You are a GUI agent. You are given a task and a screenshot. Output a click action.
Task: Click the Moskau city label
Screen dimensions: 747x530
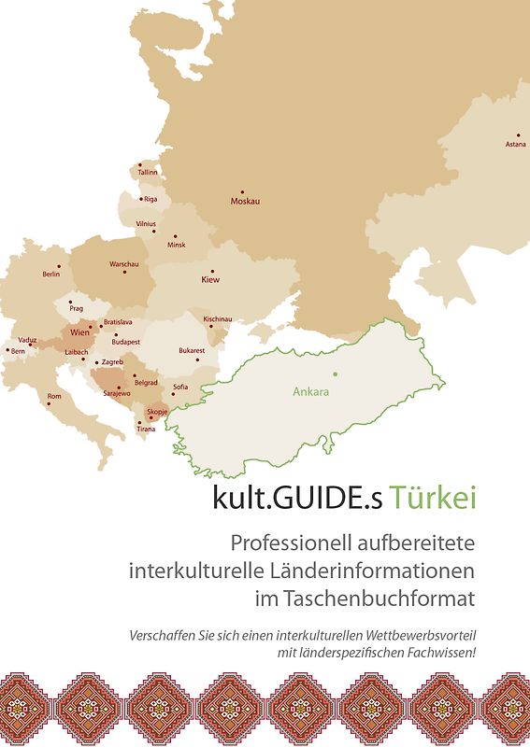[x=245, y=202]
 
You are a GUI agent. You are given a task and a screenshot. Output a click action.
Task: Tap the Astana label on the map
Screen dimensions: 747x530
[x=515, y=145]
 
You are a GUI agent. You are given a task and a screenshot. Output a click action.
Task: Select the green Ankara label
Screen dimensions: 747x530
[x=310, y=392]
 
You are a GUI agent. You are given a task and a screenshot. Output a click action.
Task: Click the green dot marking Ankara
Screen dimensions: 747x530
[x=335, y=374]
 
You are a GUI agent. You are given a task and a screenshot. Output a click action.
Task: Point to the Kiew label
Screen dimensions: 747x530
[x=210, y=279]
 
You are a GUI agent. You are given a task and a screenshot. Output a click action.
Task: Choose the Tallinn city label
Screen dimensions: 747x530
[x=148, y=173]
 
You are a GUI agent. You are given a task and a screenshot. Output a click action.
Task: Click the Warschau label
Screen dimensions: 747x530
[x=123, y=265]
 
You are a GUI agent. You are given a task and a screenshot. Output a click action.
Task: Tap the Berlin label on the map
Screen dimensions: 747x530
[x=51, y=275]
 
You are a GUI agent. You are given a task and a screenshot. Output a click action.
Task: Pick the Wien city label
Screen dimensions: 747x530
[x=80, y=331]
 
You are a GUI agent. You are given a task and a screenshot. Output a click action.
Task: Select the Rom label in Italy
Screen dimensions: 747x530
[x=54, y=396]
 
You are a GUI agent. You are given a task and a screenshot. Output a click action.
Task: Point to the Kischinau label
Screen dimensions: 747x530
[x=217, y=318]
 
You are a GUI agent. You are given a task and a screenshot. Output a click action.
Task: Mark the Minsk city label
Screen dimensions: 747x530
[x=177, y=245]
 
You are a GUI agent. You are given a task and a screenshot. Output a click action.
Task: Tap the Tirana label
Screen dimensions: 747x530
[x=146, y=430]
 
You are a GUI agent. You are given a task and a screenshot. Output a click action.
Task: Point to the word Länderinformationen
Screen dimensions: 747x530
[x=380, y=569]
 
